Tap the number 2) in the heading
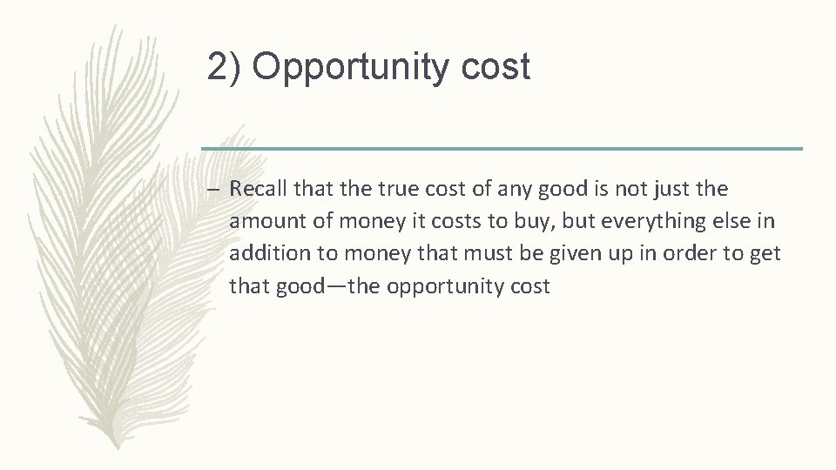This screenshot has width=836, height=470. point(225,68)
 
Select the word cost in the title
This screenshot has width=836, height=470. point(497,68)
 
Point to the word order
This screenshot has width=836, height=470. point(680,253)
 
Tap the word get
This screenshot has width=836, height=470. point(768,253)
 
